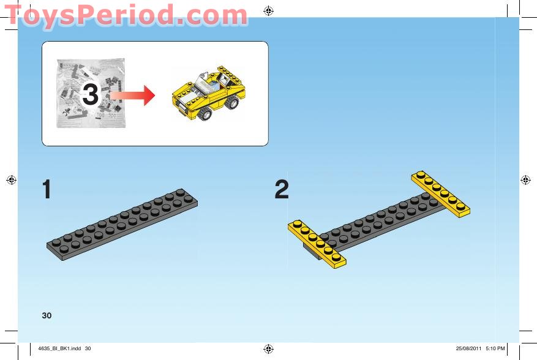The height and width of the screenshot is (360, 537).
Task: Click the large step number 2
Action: coord(282,190)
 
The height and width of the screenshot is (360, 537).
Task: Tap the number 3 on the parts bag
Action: coord(90,96)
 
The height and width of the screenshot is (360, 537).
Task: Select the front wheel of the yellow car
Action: coord(204,114)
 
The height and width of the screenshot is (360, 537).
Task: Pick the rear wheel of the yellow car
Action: coord(232,102)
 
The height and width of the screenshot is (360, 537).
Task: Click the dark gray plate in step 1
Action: coord(122,223)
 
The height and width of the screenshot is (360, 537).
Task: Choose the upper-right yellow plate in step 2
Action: coord(441,193)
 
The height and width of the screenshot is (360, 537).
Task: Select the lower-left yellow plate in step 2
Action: coord(317,244)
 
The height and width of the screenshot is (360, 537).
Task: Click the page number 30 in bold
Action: coord(47,315)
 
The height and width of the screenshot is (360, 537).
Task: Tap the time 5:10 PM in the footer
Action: coord(495,348)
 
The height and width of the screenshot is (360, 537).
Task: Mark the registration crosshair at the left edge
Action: coord(10,179)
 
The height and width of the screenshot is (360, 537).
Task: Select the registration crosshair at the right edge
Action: coord(525,179)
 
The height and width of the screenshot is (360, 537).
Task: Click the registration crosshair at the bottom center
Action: coord(268,348)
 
